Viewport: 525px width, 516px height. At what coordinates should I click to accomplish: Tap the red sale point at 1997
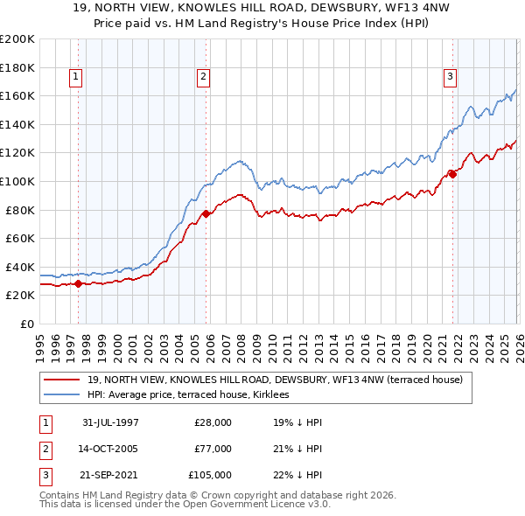click(79, 283)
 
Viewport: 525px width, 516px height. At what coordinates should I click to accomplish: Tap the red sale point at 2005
click(206, 213)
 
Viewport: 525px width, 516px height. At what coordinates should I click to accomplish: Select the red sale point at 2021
click(452, 174)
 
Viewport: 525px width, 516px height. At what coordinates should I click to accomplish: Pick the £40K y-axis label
click(20, 267)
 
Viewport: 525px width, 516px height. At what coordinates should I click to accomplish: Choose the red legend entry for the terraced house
click(280, 380)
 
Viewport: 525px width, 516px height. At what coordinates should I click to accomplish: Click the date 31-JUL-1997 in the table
click(110, 422)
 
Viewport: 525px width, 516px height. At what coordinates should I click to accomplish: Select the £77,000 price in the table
click(213, 449)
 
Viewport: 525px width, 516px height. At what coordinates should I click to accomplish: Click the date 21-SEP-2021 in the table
click(110, 476)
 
